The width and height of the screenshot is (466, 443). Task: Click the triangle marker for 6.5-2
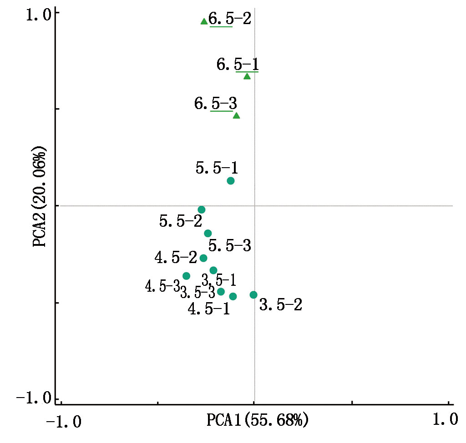click(x=204, y=21)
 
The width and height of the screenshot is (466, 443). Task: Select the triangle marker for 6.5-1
click(x=247, y=76)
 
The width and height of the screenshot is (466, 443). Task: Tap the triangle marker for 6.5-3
click(x=236, y=115)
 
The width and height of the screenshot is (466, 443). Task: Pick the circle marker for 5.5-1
click(x=231, y=181)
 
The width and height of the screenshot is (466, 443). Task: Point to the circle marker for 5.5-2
click(x=202, y=209)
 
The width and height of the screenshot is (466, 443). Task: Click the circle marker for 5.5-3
click(x=208, y=234)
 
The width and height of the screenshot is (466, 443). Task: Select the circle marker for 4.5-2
click(x=203, y=258)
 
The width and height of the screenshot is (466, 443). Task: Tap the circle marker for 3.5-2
click(x=253, y=295)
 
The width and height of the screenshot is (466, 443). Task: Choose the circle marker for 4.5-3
click(x=186, y=276)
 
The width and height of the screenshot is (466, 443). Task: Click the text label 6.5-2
click(x=229, y=19)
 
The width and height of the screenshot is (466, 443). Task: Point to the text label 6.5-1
click(x=238, y=64)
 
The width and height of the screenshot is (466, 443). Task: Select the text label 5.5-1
click(x=217, y=168)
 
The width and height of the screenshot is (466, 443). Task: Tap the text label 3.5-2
click(x=280, y=304)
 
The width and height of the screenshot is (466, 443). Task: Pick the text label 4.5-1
click(x=209, y=309)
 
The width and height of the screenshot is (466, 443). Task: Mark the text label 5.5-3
click(x=230, y=246)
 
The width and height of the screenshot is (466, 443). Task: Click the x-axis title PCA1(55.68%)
click(x=258, y=419)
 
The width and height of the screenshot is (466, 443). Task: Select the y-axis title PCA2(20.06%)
click(x=40, y=196)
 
